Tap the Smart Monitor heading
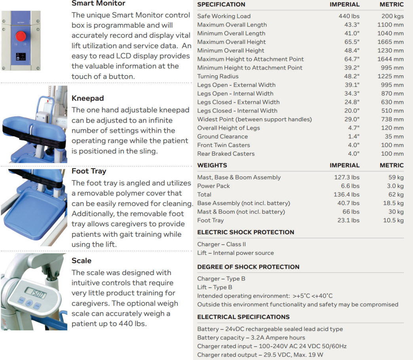click(98, 4)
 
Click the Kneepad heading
click(87, 98)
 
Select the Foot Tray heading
click(89, 171)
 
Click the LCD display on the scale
click(35, 294)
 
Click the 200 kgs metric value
click(392, 16)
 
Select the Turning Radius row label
click(218, 76)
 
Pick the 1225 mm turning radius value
click(391, 76)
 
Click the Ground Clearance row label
click(222, 136)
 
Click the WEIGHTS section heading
click(212, 165)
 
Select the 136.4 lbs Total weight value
click(347, 194)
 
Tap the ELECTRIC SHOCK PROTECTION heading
click(246, 232)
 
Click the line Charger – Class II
click(222, 244)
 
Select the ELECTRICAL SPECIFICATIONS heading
click(243, 317)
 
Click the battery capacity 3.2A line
click(251, 337)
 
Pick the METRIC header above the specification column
click(392, 4)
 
